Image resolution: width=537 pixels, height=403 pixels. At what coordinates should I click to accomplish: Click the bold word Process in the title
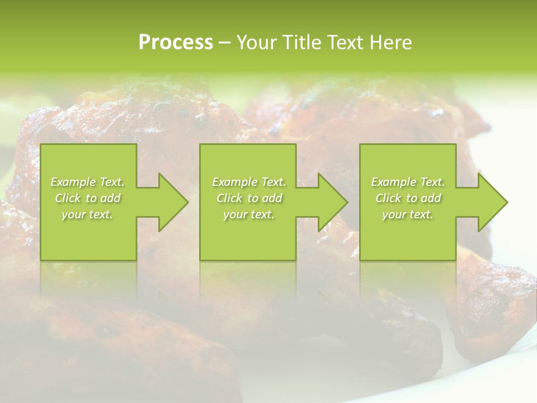176,43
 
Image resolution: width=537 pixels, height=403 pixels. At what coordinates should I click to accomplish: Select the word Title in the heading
304,43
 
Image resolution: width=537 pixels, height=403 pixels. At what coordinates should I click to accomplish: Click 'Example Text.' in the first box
87,182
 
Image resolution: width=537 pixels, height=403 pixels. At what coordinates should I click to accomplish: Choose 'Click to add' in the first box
87,198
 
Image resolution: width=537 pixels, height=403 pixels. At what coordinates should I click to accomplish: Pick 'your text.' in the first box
87,214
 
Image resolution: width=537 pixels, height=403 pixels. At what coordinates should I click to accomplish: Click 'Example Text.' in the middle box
248,182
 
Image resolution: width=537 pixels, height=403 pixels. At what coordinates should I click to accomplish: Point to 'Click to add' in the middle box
248,198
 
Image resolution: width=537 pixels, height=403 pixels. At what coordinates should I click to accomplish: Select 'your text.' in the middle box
248,214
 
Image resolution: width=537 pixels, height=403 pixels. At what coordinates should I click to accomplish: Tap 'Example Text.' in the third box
408,182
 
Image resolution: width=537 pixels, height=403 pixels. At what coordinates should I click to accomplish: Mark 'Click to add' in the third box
408,198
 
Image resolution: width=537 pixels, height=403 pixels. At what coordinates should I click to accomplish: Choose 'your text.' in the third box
408,214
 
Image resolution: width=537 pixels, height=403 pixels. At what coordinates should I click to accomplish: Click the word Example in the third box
393,182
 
